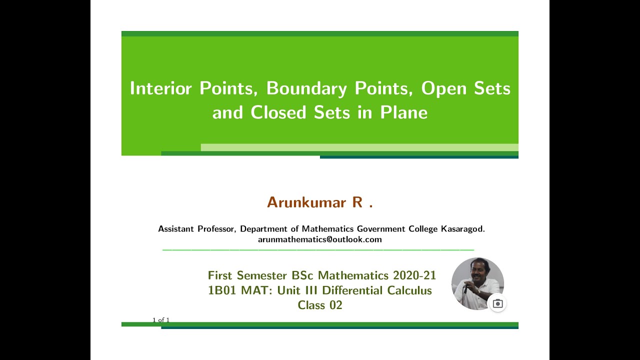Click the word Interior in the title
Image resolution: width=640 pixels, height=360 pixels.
click(160, 88)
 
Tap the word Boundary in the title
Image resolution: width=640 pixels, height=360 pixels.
click(306, 88)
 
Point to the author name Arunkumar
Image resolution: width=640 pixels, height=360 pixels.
click(306, 202)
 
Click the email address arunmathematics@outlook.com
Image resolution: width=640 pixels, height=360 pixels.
click(320, 239)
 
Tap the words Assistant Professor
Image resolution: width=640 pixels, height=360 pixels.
click(196, 229)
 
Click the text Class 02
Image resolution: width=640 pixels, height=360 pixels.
click(320, 305)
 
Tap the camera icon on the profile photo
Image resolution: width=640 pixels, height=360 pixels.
click(497, 303)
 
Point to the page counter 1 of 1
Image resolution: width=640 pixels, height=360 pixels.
click(161, 320)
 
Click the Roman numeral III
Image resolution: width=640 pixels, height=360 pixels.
click(309, 290)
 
